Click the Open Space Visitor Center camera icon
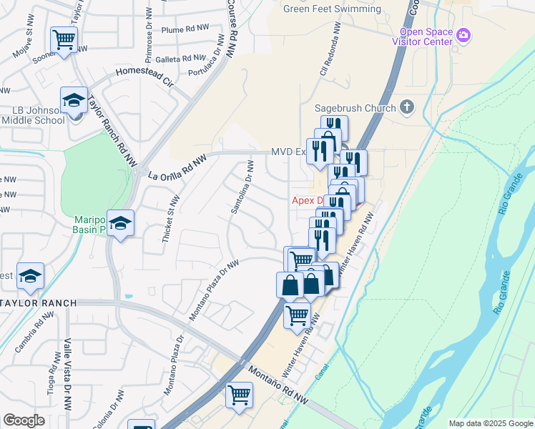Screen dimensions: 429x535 (x=463, y=34)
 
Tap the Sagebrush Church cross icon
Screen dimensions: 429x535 (x=407, y=108)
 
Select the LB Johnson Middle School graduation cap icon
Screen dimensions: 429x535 (x=74, y=102)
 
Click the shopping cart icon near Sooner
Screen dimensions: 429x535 (x=64, y=39)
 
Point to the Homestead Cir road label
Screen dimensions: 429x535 (x=145, y=77)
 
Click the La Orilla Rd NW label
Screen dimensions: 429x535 (x=177, y=167)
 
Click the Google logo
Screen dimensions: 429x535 (x=24, y=420)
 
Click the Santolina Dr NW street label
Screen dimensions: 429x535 (x=242, y=188)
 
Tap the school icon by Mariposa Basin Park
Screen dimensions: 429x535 (x=121, y=223)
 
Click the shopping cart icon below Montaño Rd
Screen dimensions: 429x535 (x=239, y=394)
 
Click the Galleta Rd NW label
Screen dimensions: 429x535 (x=184, y=59)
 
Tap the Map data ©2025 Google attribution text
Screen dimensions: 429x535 (x=491, y=423)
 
